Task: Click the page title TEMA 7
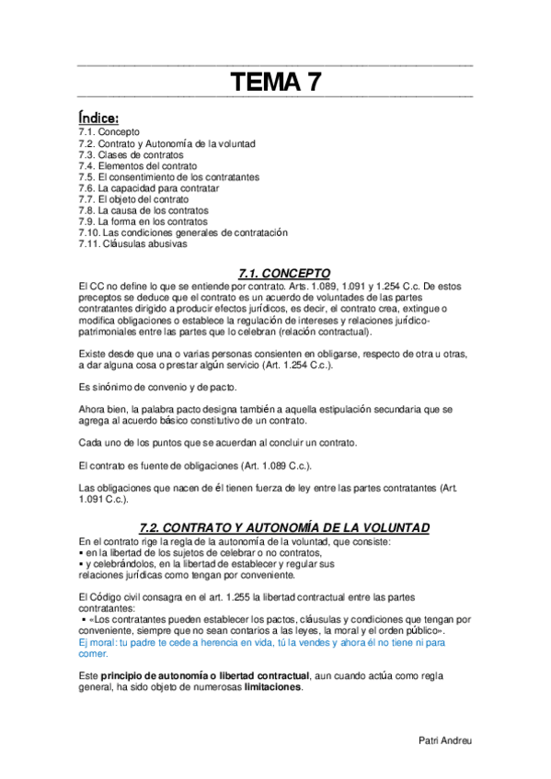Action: [x=275, y=84]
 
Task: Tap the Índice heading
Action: [x=98, y=119]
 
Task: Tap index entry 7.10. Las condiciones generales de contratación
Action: [x=183, y=233]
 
